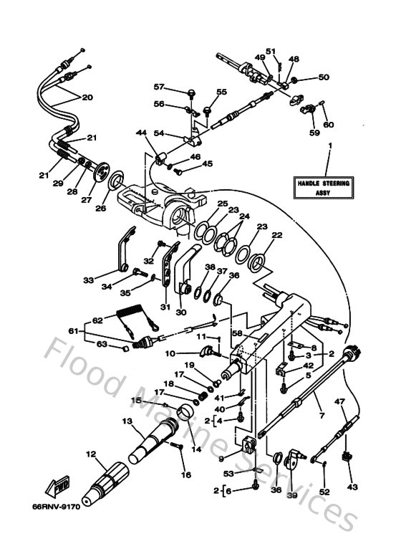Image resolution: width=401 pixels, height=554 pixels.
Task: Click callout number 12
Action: click(x=91, y=454)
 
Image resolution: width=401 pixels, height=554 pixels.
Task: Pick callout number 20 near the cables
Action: click(x=87, y=97)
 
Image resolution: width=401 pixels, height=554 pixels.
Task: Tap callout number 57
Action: click(x=160, y=87)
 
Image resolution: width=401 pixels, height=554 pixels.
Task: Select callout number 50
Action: click(x=323, y=77)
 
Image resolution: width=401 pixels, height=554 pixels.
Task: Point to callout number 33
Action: click(x=89, y=280)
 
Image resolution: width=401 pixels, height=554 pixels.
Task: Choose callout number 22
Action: click(x=276, y=235)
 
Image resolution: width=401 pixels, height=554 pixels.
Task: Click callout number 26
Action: click(x=100, y=208)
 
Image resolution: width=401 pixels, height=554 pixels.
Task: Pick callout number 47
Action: click(x=341, y=403)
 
